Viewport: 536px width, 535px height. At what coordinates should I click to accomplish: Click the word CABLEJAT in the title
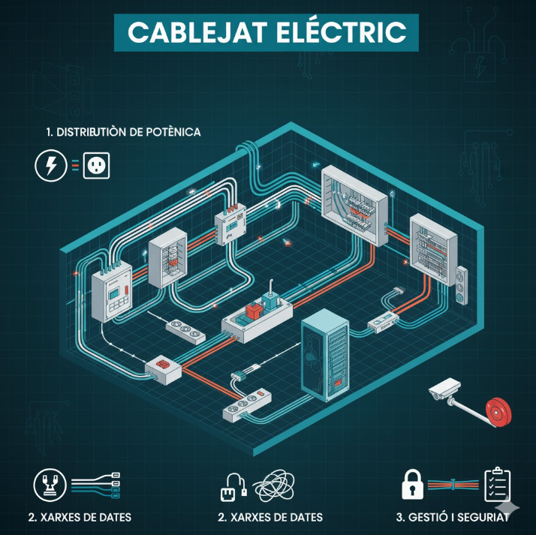197,32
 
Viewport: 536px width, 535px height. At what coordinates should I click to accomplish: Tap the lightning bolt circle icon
51,166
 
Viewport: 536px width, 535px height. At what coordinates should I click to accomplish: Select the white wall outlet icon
96,166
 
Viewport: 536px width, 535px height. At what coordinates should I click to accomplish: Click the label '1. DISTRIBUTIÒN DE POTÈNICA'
123,132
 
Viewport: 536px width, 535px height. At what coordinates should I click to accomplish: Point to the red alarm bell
498,413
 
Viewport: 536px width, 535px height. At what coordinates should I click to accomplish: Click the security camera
444,389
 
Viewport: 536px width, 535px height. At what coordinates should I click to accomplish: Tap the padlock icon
413,484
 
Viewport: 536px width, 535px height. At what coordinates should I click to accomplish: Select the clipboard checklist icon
498,484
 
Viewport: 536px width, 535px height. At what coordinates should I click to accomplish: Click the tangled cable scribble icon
273,485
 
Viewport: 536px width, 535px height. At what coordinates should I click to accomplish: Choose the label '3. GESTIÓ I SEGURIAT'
452,517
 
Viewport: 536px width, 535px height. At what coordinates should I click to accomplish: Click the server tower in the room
325,355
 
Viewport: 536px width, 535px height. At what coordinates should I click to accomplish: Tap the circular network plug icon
50,485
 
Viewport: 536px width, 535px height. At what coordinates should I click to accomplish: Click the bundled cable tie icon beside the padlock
453,485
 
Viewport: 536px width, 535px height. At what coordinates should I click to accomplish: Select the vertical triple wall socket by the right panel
461,285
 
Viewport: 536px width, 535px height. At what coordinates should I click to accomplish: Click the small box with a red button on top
163,370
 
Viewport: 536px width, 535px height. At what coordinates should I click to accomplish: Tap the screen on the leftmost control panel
114,293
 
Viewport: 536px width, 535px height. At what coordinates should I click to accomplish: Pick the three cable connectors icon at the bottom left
96,485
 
